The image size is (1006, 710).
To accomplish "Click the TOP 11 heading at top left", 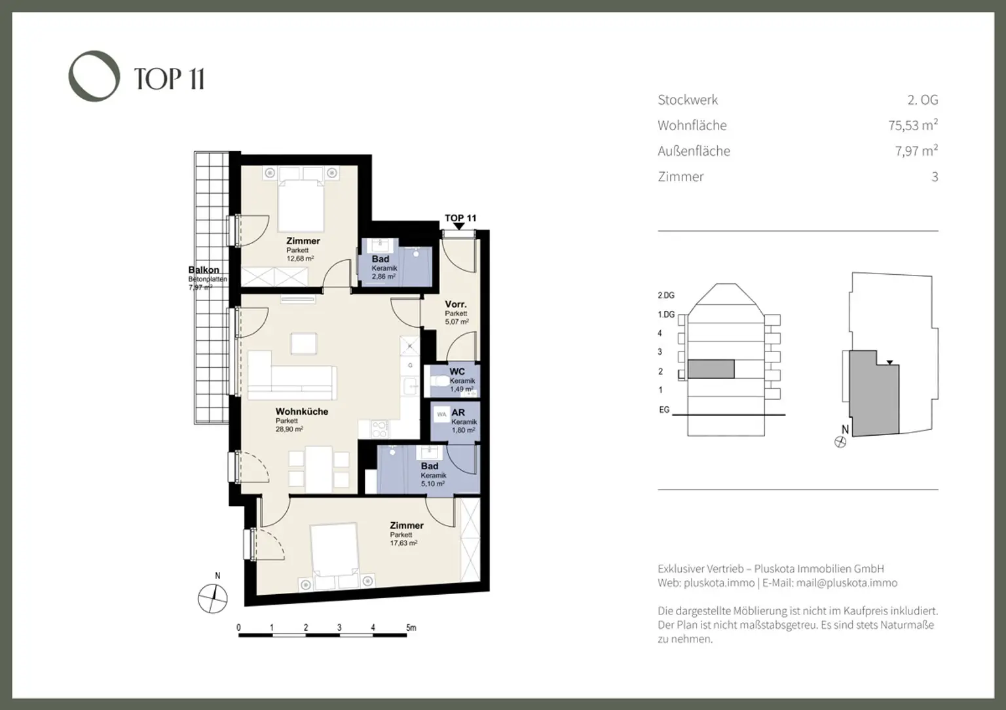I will tap(169, 79).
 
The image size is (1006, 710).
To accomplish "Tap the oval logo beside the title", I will tap(94, 76).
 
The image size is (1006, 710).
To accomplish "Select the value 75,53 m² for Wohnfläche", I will tap(913, 125).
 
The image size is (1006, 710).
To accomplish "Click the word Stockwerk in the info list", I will tap(688, 100).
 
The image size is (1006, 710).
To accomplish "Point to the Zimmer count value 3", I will tap(935, 177).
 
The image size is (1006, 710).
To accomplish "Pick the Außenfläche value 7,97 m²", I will tap(916, 151).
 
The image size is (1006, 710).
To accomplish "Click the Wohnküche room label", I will tap(301, 412).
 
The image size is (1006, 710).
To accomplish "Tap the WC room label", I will tap(457, 372).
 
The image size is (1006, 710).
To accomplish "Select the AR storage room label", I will tap(458, 413).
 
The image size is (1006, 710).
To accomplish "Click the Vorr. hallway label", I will tap(456, 304).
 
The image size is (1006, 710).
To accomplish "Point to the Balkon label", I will tap(204, 270).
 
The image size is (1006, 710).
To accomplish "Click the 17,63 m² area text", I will tap(403, 542).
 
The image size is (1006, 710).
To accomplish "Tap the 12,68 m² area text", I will tap(300, 258).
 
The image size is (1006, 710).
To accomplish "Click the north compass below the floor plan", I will tap(213, 598).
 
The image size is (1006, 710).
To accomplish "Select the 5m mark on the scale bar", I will tap(411, 628).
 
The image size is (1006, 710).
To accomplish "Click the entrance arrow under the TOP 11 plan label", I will tap(459, 226).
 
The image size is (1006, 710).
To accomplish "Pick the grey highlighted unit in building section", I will tap(711, 369).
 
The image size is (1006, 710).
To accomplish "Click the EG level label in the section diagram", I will tap(664, 410).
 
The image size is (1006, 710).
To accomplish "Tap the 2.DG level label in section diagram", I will tap(666, 296).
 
